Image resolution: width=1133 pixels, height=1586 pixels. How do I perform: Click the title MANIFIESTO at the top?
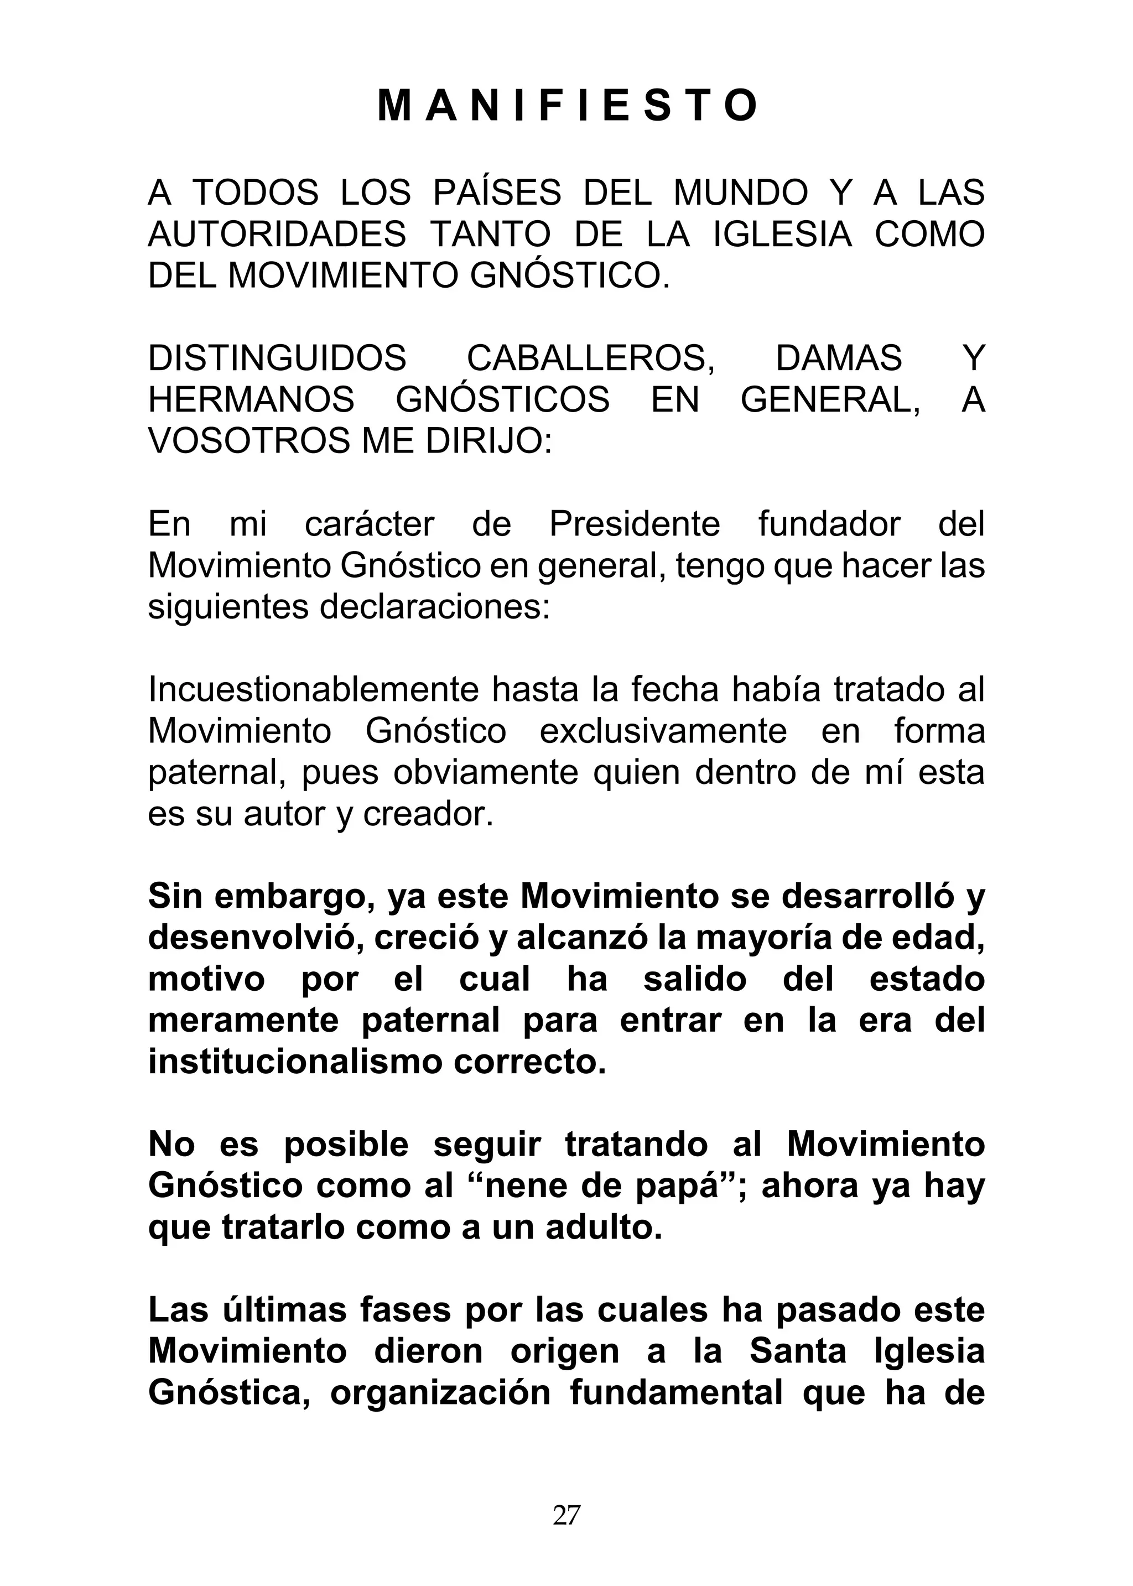pyautogui.click(x=566, y=106)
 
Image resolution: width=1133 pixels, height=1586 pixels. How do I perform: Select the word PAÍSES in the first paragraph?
pyautogui.click(x=497, y=193)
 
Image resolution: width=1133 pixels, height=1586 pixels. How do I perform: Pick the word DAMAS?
pyautogui.click(x=839, y=358)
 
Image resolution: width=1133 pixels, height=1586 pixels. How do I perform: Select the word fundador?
pyautogui.click(x=829, y=524)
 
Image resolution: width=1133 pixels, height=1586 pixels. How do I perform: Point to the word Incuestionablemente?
pyautogui.click(x=313, y=690)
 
